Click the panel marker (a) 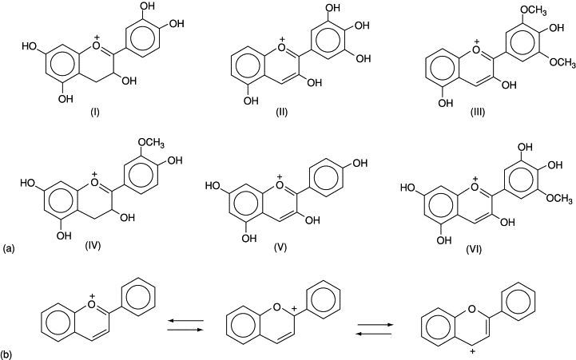[9, 249]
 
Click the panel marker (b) [9, 350]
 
